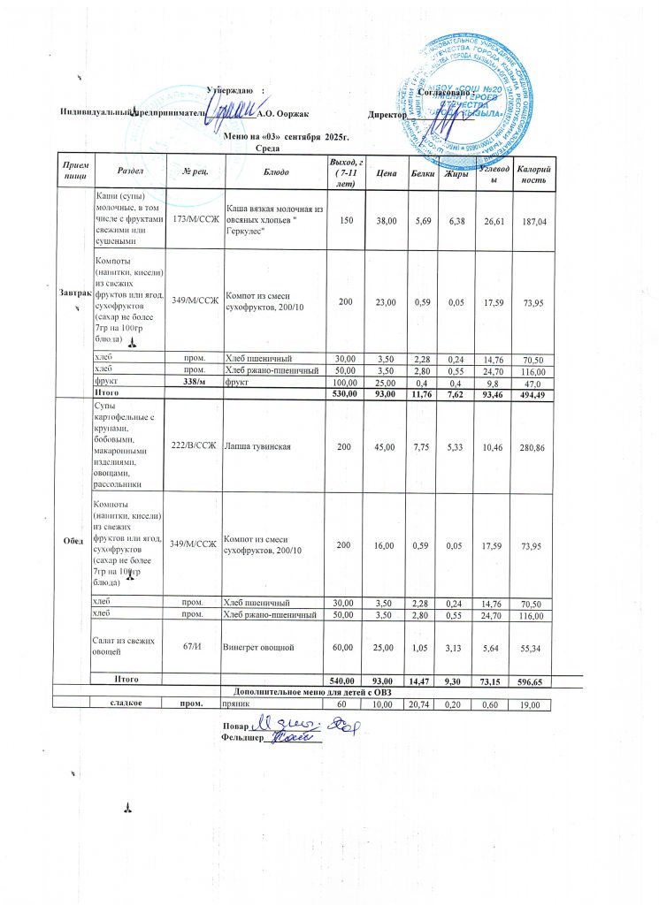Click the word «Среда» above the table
pos(268,148)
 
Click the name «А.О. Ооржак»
pos(280,113)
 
